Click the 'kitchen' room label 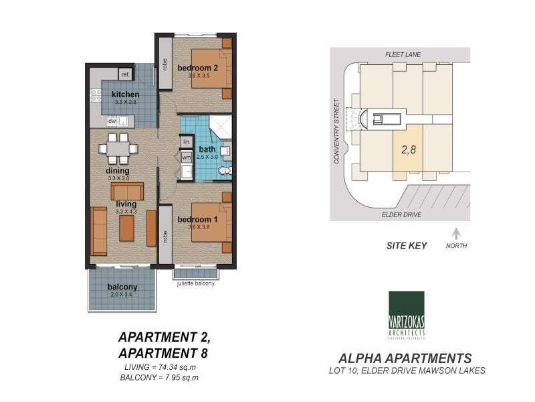pos(125,94)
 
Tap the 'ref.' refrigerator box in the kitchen pos(125,74)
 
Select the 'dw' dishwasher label pos(113,121)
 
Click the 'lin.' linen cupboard pos(187,142)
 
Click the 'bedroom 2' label pos(198,68)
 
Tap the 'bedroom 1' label pos(197,219)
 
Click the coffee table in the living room pos(127,228)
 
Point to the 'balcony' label pos(122,287)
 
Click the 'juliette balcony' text pos(197,283)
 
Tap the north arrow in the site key pos(457,234)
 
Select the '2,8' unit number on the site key pos(408,151)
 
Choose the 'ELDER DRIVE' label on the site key pos(401,215)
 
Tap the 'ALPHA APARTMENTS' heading pos(407,357)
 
